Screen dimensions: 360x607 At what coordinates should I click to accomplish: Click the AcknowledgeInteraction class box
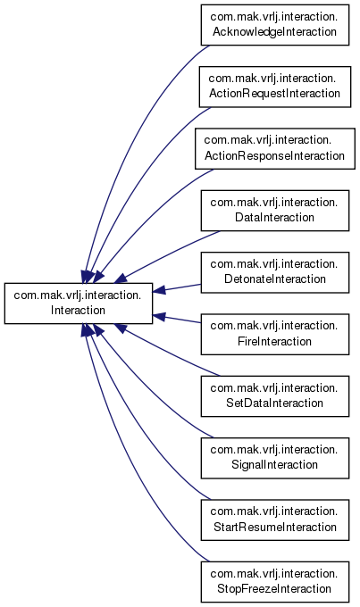(275, 25)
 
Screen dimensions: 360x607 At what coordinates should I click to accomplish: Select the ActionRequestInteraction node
(275, 87)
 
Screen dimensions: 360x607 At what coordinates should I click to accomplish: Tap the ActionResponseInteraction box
(275, 149)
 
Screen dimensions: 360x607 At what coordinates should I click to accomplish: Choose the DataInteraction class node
(275, 211)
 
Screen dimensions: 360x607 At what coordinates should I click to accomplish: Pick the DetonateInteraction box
(275, 272)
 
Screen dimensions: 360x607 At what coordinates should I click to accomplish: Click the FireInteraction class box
(275, 335)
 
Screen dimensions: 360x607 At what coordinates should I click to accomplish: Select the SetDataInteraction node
(275, 396)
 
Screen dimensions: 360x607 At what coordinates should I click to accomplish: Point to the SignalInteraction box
(275, 458)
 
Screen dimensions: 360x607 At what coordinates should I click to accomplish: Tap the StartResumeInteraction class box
(275, 520)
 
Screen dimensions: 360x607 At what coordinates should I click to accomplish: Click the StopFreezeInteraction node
(275, 582)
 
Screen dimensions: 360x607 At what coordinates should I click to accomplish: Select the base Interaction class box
(79, 303)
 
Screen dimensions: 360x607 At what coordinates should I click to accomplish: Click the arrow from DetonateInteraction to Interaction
(177, 287)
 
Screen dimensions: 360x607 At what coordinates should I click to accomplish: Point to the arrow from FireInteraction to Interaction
(177, 319)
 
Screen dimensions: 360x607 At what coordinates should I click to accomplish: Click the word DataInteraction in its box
(275, 217)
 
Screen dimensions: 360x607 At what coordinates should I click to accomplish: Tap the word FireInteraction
(275, 341)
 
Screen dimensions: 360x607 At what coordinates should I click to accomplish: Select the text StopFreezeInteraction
(275, 589)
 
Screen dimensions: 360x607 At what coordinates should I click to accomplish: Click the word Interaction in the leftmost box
(78, 310)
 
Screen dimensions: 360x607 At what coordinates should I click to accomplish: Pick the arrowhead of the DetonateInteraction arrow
(159, 290)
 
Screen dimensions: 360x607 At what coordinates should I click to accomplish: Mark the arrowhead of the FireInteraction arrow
(159, 316)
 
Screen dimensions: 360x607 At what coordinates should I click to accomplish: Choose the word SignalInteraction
(275, 464)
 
